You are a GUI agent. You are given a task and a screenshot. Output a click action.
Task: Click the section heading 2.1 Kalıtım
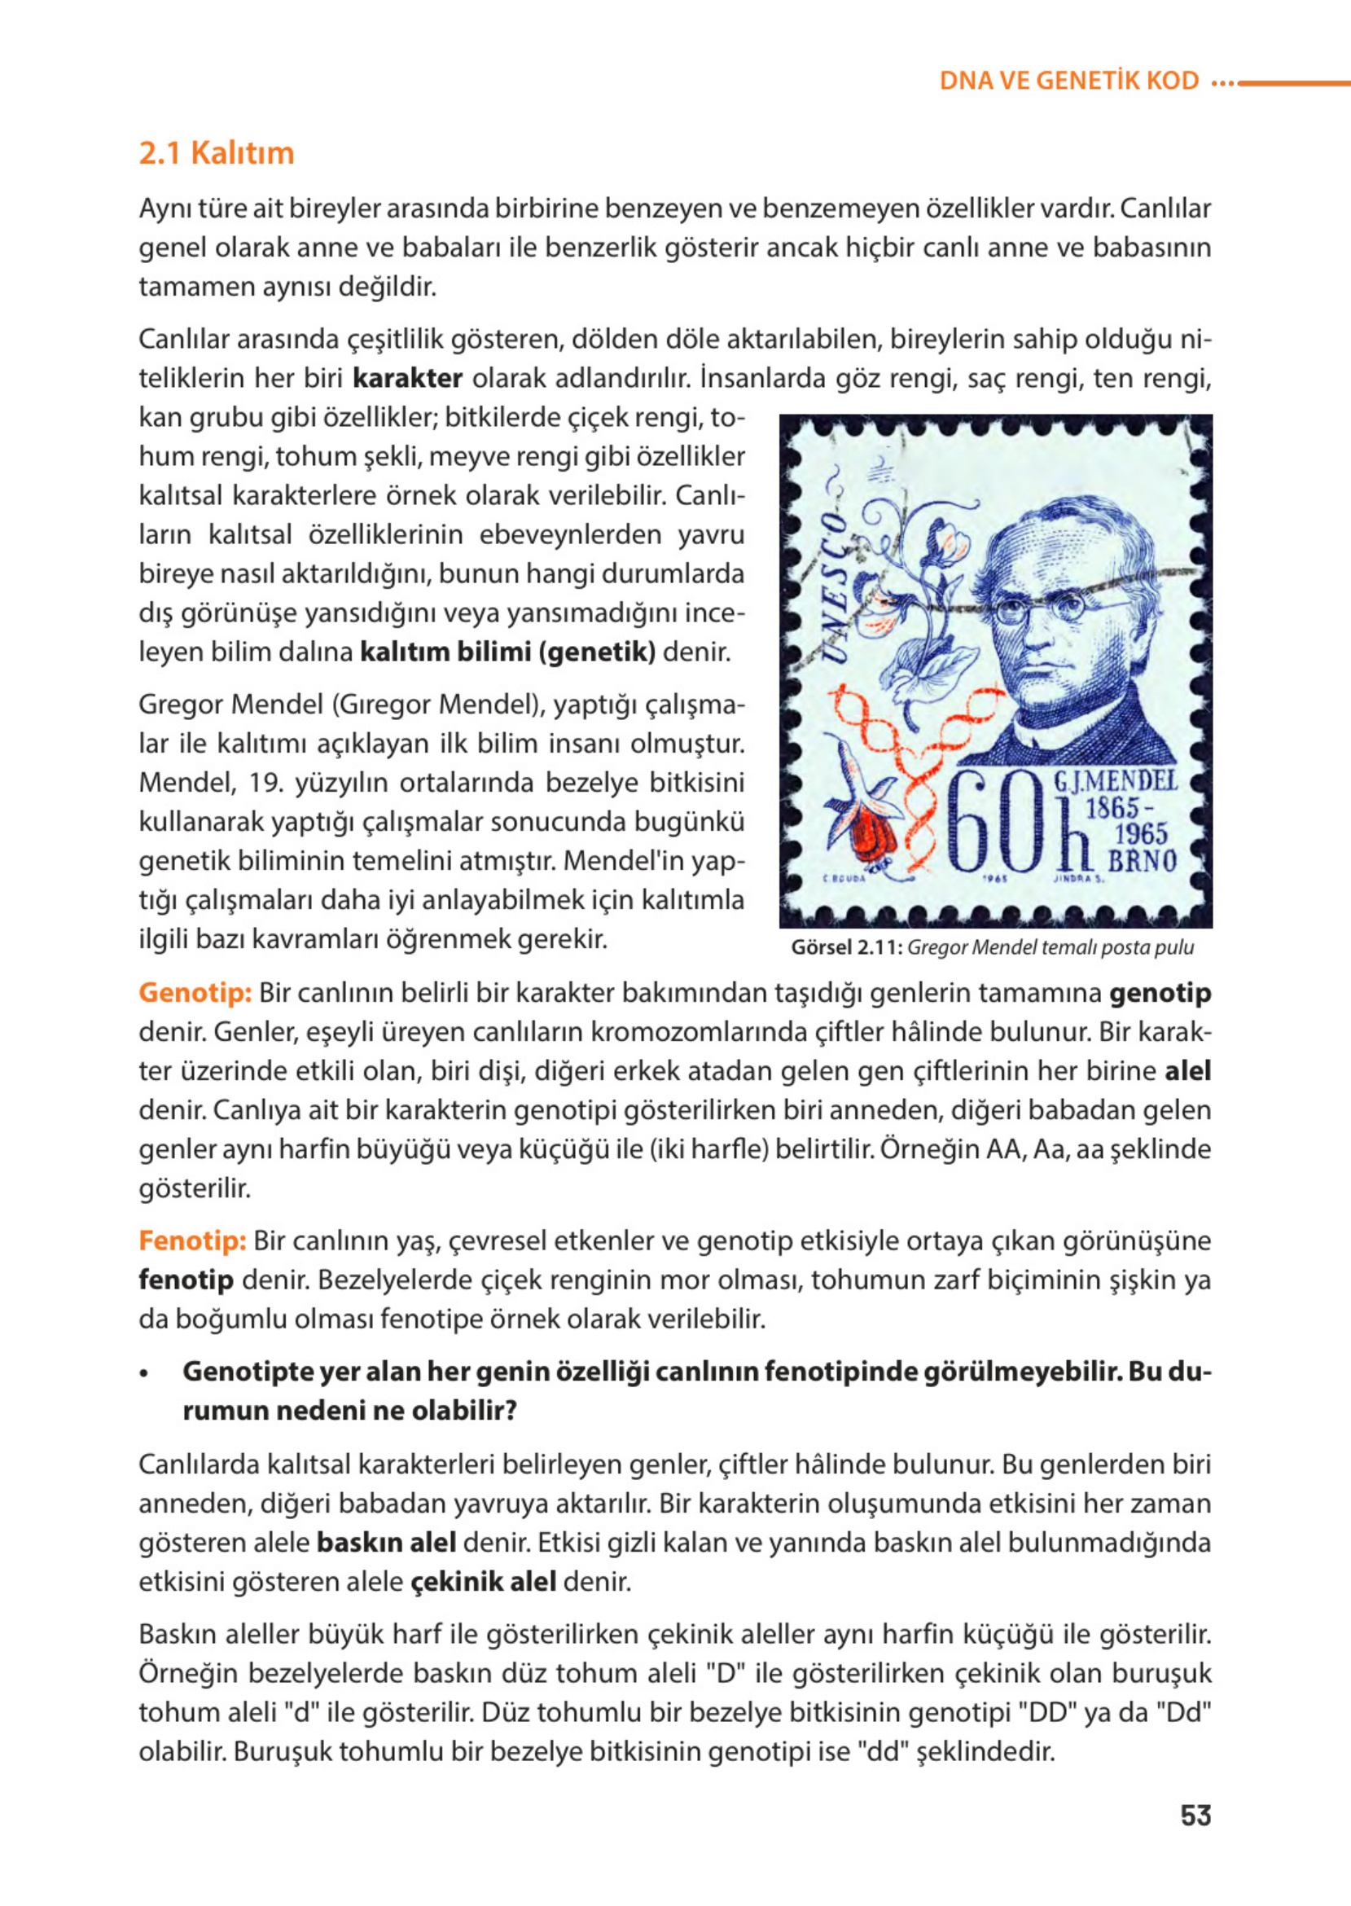[217, 154]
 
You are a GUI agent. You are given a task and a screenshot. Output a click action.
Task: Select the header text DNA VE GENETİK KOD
[1069, 81]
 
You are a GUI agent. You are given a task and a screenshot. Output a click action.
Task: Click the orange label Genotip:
[195, 993]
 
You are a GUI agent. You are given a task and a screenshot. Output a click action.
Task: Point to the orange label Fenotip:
[192, 1241]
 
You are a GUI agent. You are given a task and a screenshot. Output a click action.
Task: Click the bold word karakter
[408, 379]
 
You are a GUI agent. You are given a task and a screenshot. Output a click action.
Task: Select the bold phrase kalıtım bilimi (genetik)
[507, 652]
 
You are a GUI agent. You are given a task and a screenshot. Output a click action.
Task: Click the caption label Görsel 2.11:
[846, 947]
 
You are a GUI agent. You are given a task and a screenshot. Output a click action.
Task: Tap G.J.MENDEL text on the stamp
[1116, 781]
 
